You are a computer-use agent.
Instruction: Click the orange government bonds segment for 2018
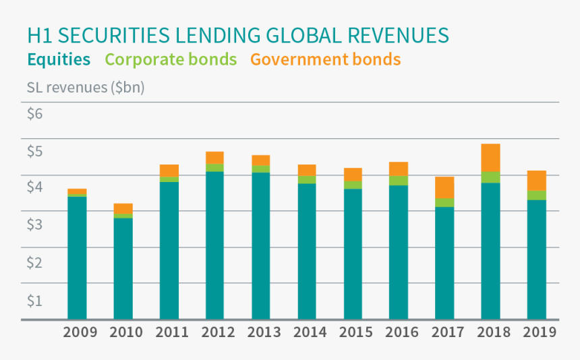[490, 158]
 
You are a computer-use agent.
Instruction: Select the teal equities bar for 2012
[214, 245]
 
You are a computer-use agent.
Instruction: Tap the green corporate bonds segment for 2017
[444, 202]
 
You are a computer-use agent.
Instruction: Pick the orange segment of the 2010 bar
[123, 208]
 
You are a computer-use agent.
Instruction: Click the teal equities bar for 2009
[77, 257]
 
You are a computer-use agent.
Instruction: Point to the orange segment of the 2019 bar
[536, 181]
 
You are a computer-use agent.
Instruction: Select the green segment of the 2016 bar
[399, 180]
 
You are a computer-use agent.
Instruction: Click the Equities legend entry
[59, 59]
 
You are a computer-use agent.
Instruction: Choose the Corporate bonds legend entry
[171, 59]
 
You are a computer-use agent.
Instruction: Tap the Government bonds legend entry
[325, 59]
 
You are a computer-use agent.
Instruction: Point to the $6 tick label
[35, 113]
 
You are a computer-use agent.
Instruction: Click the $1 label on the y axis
[35, 300]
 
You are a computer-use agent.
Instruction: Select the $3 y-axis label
[35, 224]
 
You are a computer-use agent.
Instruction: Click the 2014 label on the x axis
[310, 332]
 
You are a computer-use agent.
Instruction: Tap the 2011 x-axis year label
[171, 332]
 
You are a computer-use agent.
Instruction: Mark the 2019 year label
[539, 332]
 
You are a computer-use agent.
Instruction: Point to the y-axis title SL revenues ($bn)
[86, 88]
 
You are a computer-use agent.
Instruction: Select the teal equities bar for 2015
[353, 253]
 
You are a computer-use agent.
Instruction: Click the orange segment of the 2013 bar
[260, 160]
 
